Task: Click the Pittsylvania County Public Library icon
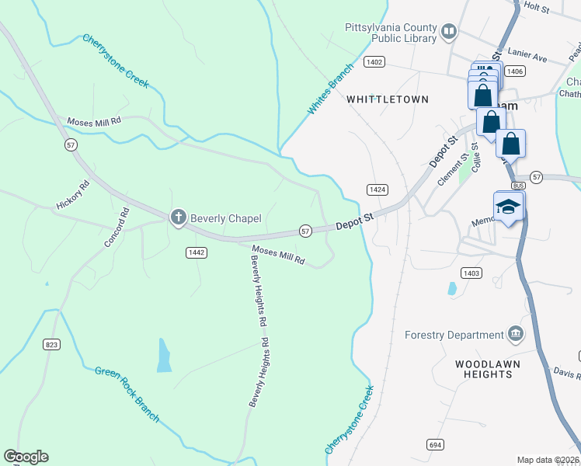tap(448, 32)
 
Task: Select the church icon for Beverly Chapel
tap(178, 218)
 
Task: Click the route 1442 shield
tap(195, 252)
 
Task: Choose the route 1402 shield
tap(374, 61)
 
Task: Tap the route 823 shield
tap(52, 345)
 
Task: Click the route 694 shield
tap(435, 443)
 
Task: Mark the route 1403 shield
tap(471, 273)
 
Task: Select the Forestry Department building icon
tap(515, 335)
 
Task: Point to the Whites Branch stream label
tap(330, 89)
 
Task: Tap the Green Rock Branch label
tap(127, 395)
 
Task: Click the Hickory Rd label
tap(73, 195)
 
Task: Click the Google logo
tap(26, 457)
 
